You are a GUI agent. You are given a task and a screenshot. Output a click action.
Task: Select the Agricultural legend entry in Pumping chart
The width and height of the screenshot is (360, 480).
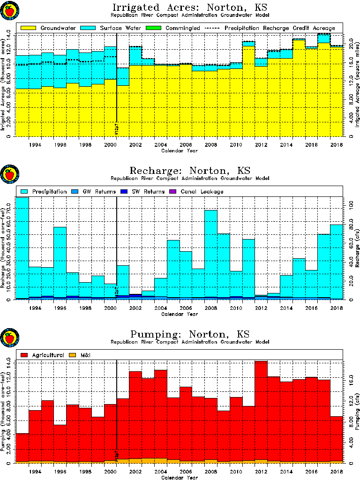click(x=40, y=355)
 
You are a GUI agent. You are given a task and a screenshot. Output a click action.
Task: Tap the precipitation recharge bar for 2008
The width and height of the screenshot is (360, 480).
click(x=210, y=253)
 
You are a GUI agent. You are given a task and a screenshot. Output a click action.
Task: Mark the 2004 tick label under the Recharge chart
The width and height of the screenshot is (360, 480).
click(x=161, y=308)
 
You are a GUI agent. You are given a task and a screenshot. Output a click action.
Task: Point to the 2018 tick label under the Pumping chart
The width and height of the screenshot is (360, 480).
click(x=337, y=472)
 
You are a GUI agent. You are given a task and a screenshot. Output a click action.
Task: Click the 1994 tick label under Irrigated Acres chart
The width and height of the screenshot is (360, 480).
click(x=35, y=145)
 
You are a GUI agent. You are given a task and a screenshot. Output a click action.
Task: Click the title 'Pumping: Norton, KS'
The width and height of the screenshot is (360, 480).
click(x=189, y=334)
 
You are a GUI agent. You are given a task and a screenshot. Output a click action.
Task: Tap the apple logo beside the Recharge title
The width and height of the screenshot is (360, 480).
click(x=9, y=175)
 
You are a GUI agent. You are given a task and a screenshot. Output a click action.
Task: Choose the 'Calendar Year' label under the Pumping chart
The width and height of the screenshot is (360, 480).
click(x=179, y=478)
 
